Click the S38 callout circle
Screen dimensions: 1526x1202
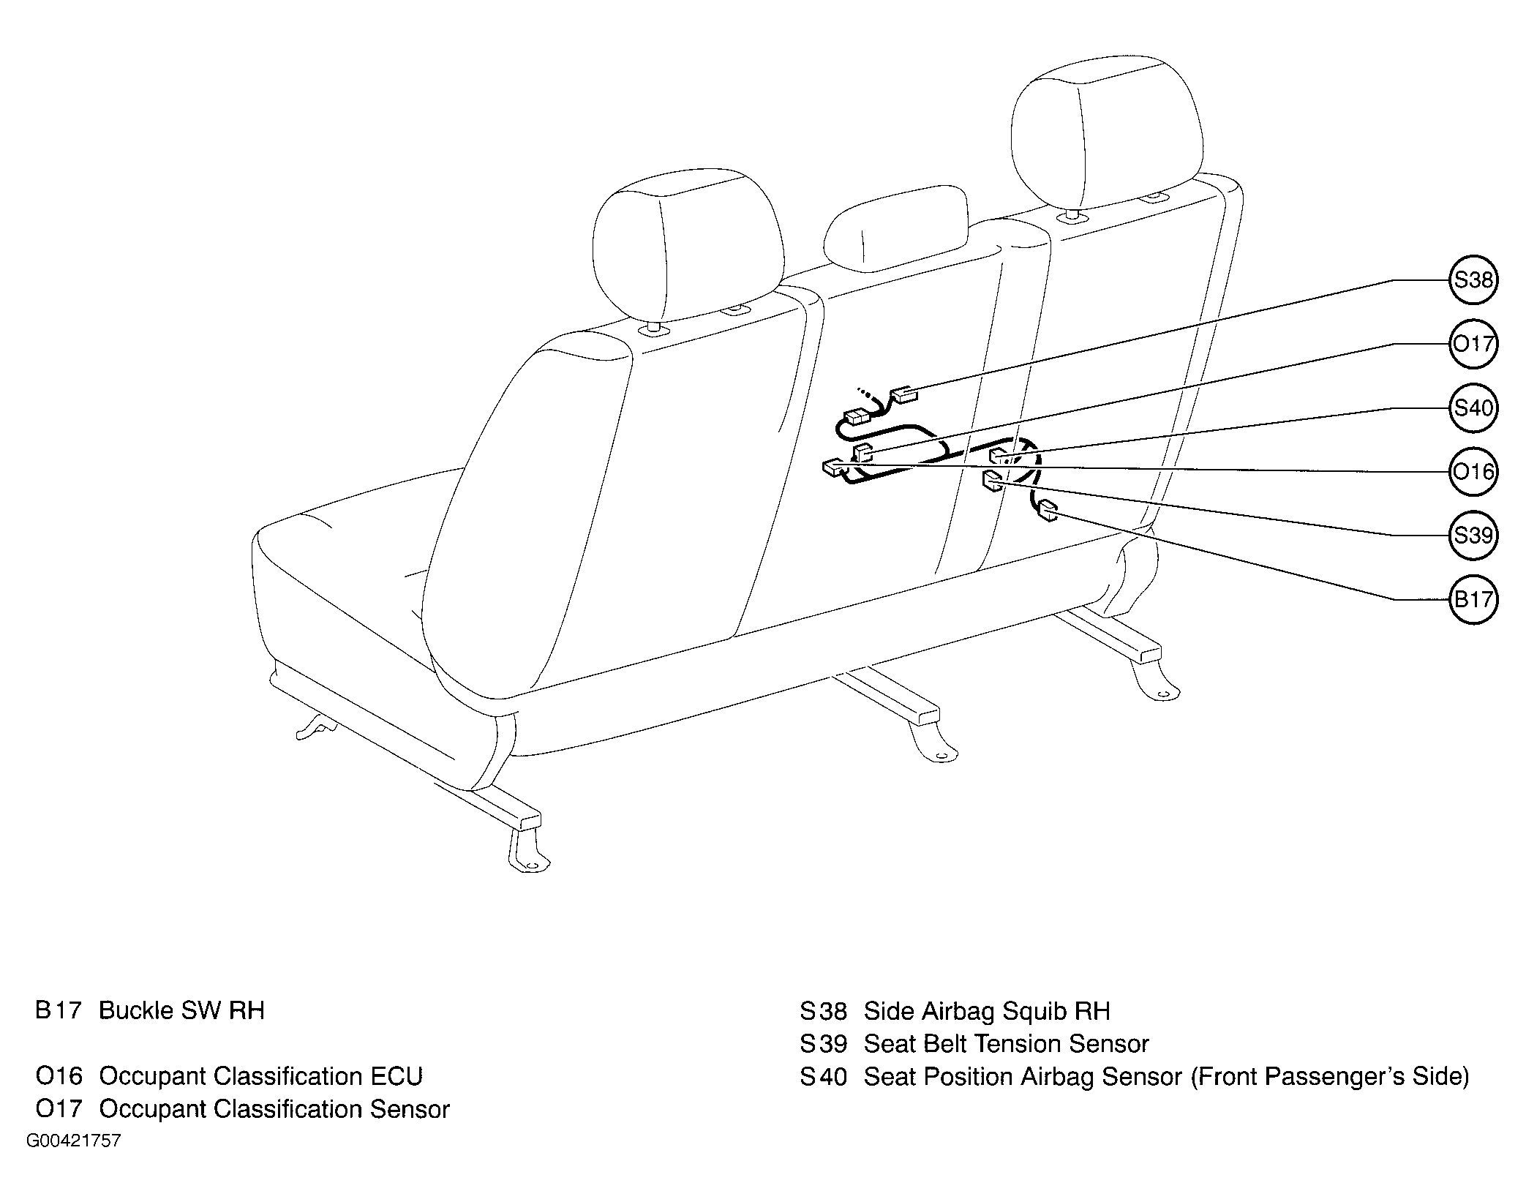click(x=1473, y=280)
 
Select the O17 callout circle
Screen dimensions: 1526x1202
click(x=1473, y=344)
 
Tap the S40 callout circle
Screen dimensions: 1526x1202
click(x=1473, y=408)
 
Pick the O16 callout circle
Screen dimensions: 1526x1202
click(x=1473, y=472)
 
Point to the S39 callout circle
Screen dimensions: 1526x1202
click(x=1473, y=536)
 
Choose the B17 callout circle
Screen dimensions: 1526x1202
click(x=1473, y=600)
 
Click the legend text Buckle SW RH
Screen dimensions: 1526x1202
click(x=181, y=1011)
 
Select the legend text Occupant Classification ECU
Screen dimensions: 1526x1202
click(x=260, y=1076)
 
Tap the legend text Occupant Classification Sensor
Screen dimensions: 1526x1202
click(x=274, y=1109)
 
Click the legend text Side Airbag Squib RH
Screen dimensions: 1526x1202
click(x=987, y=1011)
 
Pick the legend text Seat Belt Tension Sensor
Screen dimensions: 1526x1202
click(x=1007, y=1044)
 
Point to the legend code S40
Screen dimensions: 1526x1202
click(x=823, y=1077)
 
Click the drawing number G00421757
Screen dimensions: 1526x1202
click(x=74, y=1141)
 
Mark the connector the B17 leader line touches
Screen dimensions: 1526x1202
click(x=1048, y=510)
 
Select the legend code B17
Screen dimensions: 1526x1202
click(x=58, y=1011)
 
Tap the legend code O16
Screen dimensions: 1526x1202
click(x=59, y=1076)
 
